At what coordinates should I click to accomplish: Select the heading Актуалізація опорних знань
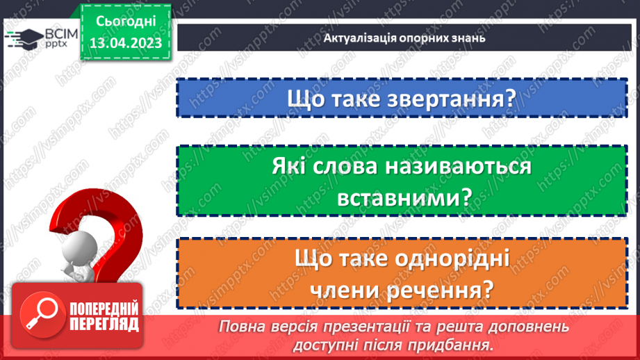tap(404, 38)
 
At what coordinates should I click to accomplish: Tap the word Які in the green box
tap(292, 167)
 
